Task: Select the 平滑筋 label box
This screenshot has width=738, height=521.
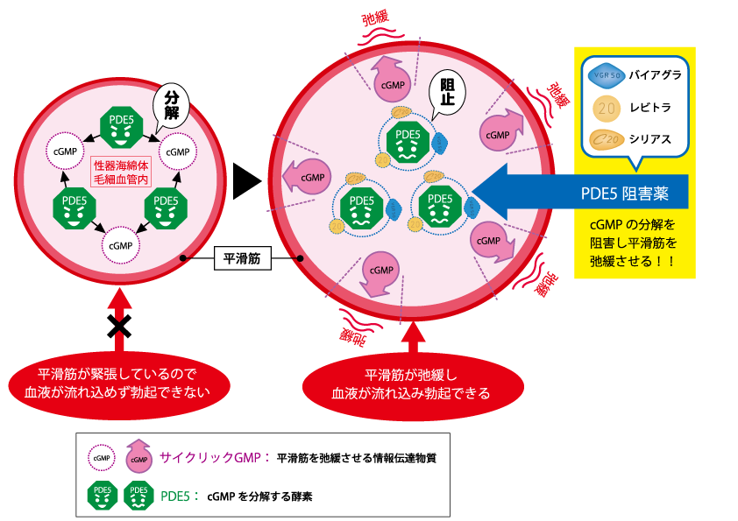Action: tap(241, 257)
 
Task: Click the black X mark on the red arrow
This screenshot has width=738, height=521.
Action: tap(119, 325)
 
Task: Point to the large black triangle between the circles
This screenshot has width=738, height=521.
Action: tap(246, 182)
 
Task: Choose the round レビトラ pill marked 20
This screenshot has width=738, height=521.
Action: tap(607, 108)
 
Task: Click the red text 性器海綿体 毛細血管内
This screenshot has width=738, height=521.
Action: tap(122, 171)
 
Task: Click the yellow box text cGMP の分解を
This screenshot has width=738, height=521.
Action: tap(634, 224)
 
